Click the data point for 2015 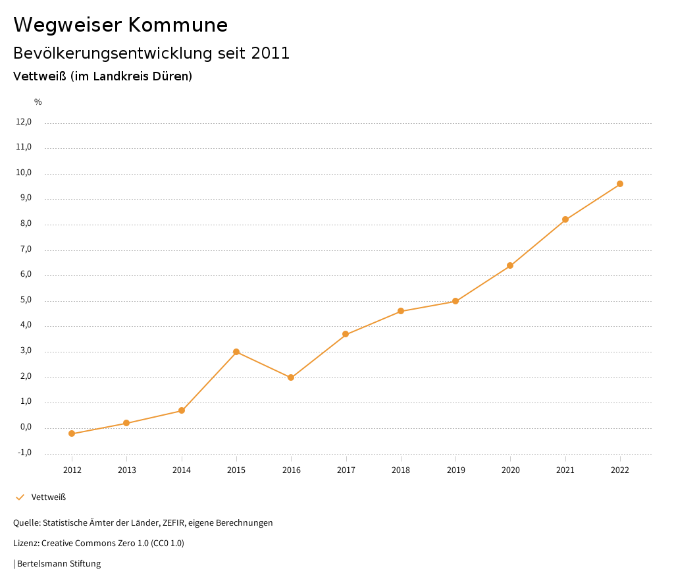coord(236,352)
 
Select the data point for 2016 coord(291,377)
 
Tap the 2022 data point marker coord(620,184)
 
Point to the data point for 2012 coord(72,433)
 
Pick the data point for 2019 coord(455,301)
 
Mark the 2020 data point coord(510,265)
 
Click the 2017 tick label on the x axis coord(346,470)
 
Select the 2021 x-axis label coord(565,470)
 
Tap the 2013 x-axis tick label coord(127,470)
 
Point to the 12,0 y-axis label coord(23,122)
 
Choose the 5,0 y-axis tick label coord(25,300)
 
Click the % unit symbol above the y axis coord(38,101)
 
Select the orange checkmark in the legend coord(20,497)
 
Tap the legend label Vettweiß coord(49,497)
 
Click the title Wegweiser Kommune coord(120,24)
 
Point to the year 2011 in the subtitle coord(271,53)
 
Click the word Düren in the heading coord(171,76)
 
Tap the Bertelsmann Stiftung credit coord(59,563)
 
